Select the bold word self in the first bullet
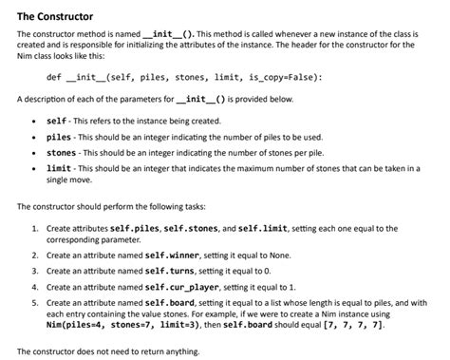[x=56, y=123]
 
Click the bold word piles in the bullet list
[x=59, y=139]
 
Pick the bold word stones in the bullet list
[x=62, y=155]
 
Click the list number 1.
[x=33, y=229]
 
